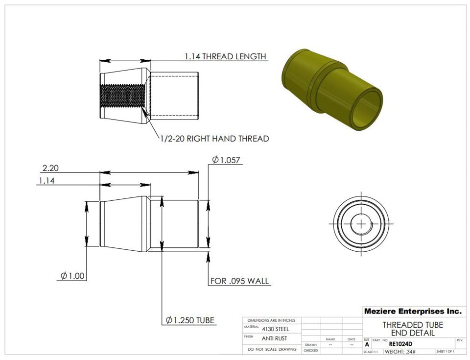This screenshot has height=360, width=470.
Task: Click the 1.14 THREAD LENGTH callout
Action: tap(225, 56)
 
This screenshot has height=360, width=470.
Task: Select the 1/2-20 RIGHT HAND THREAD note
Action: tap(214, 139)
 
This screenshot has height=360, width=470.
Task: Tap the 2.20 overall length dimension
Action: tap(50, 168)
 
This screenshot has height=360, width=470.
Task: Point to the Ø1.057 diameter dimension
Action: tap(227, 160)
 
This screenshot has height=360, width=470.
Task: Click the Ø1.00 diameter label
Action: tap(73, 276)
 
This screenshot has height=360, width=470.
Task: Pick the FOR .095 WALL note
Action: tap(240, 281)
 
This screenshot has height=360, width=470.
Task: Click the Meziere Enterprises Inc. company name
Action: tap(412, 311)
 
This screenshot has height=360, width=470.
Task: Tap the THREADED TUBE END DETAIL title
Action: tap(412, 329)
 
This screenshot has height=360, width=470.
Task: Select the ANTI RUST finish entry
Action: tap(275, 338)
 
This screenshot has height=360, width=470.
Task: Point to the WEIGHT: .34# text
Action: tap(400, 352)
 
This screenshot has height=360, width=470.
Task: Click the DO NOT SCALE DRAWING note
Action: tap(272, 349)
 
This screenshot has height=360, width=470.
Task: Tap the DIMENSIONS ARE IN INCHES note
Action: tap(271, 320)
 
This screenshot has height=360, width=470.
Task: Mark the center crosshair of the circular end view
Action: tap(361, 223)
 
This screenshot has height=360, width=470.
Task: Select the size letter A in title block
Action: tap(367, 344)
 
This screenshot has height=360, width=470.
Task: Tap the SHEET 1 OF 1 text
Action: tap(445, 352)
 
